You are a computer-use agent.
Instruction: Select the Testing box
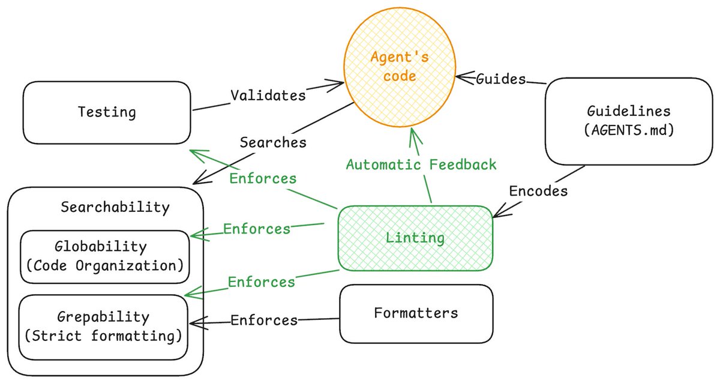click(x=107, y=112)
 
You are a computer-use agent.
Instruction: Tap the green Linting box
click(x=415, y=238)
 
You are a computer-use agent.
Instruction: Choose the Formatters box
click(x=416, y=313)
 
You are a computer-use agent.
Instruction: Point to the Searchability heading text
click(x=115, y=208)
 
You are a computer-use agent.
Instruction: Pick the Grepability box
click(x=103, y=326)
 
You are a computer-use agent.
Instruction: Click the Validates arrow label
click(x=268, y=95)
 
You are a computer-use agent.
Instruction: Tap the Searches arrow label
click(x=273, y=143)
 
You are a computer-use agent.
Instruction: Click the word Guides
click(x=500, y=79)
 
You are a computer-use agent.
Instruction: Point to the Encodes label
click(x=538, y=191)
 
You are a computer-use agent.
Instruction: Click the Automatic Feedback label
click(x=421, y=164)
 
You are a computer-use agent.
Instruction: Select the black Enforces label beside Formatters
click(x=264, y=320)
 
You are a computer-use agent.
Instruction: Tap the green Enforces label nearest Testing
click(x=263, y=178)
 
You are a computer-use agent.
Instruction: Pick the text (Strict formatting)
click(x=103, y=336)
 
